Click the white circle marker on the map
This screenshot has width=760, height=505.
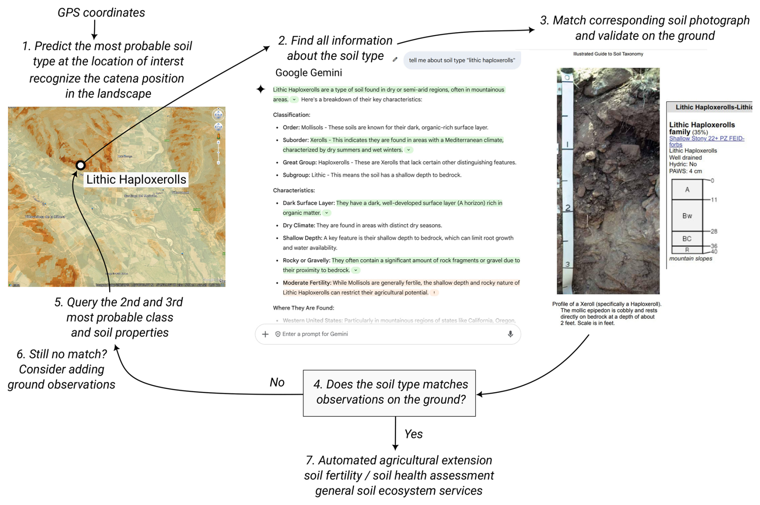(x=81, y=165)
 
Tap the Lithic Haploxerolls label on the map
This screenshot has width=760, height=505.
(x=136, y=179)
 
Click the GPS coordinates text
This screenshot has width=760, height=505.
(x=101, y=12)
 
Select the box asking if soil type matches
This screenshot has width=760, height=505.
(x=389, y=393)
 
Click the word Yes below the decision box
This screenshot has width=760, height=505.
(x=413, y=434)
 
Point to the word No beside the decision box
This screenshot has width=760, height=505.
(x=277, y=382)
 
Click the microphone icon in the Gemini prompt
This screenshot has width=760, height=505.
(x=510, y=334)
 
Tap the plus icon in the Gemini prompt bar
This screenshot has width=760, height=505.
(x=265, y=334)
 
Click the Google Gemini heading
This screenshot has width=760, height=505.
(x=308, y=73)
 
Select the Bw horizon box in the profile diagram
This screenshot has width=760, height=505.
(x=687, y=216)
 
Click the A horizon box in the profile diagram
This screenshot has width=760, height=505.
(x=687, y=189)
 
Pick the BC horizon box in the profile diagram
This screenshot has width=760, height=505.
(x=687, y=238)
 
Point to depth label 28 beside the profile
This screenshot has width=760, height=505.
(x=714, y=231)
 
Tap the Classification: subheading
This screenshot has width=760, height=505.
(x=292, y=115)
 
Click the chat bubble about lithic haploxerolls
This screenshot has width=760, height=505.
(x=462, y=60)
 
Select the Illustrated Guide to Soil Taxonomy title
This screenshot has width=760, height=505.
(x=608, y=54)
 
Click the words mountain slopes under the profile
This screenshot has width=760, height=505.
(x=691, y=259)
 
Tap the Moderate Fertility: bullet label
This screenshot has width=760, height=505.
(x=307, y=283)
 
